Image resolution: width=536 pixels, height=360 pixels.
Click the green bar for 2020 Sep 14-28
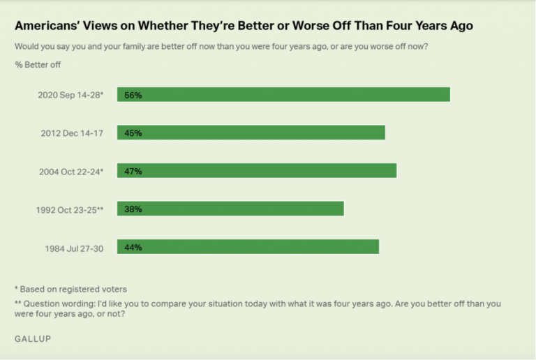pyautogui.click(x=283, y=94)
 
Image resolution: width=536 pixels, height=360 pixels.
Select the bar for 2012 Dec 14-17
pyautogui.click(x=251, y=133)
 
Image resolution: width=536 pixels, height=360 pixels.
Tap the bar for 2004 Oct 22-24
pyautogui.click(x=257, y=170)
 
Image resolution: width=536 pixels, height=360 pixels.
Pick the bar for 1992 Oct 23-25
pyautogui.click(x=230, y=209)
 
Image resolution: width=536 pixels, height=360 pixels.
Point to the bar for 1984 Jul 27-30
pyautogui.click(x=248, y=246)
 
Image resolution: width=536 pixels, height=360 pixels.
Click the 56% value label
pyautogui.click(x=133, y=95)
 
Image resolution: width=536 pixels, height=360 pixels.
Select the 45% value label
pyautogui.click(x=133, y=133)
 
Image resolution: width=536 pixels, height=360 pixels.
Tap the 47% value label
pyautogui.click(x=133, y=171)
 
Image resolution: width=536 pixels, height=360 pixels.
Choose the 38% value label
pyautogui.click(x=133, y=209)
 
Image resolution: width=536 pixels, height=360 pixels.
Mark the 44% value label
pyautogui.click(x=133, y=247)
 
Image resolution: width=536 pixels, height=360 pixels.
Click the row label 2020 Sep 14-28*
pyautogui.click(x=70, y=95)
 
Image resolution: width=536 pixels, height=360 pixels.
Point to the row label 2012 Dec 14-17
pyautogui.click(x=72, y=133)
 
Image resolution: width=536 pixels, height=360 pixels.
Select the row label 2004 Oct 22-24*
pyautogui.click(x=71, y=171)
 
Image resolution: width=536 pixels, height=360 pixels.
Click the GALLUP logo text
pyautogui.click(x=33, y=338)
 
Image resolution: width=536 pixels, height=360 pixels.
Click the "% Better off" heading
pyautogui.click(x=36, y=65)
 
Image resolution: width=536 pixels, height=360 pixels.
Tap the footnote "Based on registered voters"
pyautogui.click(x=73, y=289)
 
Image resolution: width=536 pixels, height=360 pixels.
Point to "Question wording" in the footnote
pyautogui.click(x=57, y=304)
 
